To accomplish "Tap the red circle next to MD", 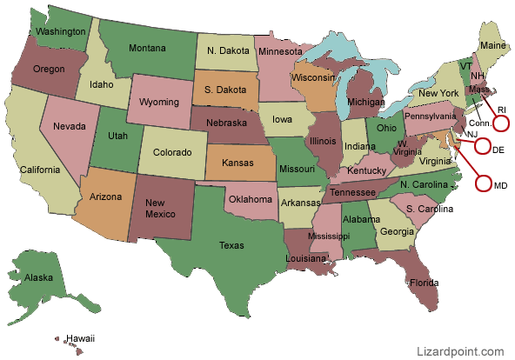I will coord(485,183).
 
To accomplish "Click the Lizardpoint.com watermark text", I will coord(461,351).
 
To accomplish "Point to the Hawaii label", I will coord(79,337).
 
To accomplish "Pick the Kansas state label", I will coord(238,163).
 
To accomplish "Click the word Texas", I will coord(231,245).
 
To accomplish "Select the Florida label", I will coord(424,283).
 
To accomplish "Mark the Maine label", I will coord(492,44).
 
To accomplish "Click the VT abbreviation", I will coord(465,66).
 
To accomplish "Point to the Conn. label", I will coord(479,123).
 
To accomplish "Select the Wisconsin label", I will coord(312,77).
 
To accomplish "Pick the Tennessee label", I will coord(353,193).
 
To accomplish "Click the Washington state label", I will coord(60,31).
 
